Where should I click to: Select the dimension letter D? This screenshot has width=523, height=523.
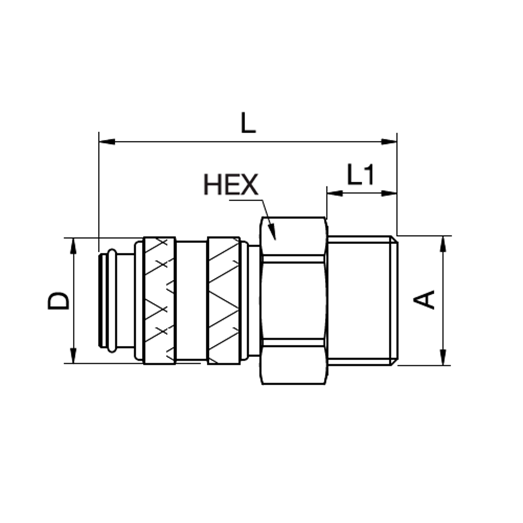coord(59,301)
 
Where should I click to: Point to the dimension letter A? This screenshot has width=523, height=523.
coord(425,299)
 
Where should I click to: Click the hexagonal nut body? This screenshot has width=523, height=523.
coord(293,301)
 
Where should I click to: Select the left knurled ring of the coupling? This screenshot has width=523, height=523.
coord(160,301)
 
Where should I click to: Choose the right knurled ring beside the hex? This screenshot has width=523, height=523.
coord(224,301)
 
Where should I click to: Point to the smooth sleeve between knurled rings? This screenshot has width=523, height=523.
coord(191,301)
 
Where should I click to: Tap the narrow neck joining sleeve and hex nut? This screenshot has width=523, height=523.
coord(254,301)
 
